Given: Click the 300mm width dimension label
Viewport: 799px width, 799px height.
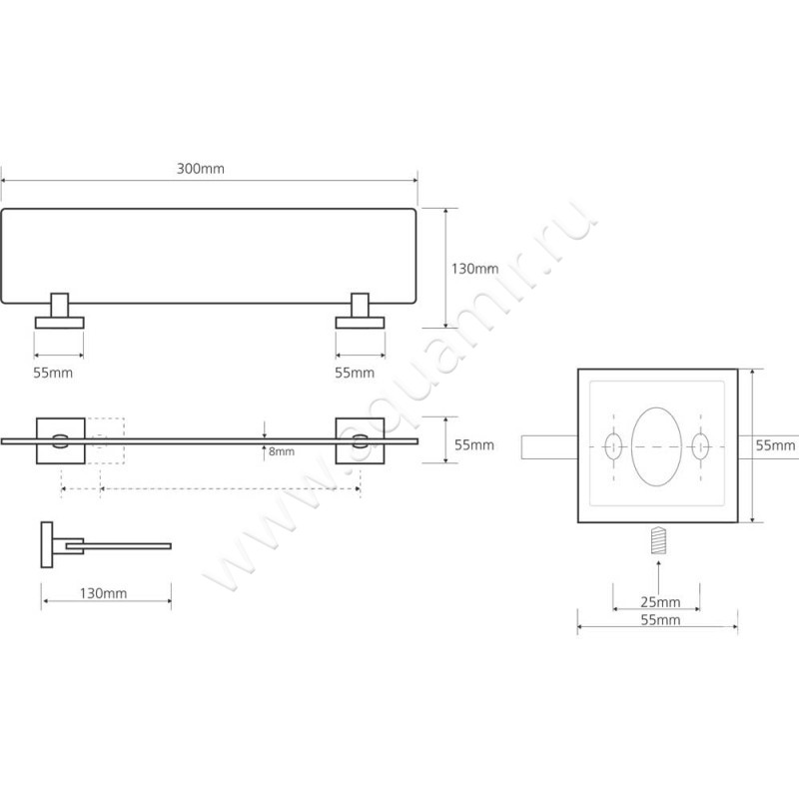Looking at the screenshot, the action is pyautogui.click(x=201, y=169).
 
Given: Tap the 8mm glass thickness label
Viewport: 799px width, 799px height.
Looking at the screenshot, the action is pyautogui.click(x=282, y=451).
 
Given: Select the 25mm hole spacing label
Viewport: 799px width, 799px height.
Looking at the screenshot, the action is pyautogui.click(x=660, y=602).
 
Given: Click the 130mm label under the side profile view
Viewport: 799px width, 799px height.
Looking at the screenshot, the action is pyautogui.click(x=103, y=593).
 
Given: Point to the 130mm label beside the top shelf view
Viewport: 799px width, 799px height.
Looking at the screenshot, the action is pyautogui.click(x=475, y=269).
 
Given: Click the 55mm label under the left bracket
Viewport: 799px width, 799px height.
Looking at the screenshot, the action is pyautogui.click(x=53, y=373).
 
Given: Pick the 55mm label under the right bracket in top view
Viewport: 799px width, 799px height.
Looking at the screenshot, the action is pyautogui.click(x=355, y=373).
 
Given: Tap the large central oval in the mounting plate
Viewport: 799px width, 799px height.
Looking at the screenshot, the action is pyautogui.click(x=656, y=446).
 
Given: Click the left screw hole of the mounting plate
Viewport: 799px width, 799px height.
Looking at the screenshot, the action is pyautogui.click(x=613, y=446).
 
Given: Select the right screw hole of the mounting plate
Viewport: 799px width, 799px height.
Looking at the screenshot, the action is pyautogui.click(x=700, y=446).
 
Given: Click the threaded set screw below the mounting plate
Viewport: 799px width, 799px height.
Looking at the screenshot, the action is pyautogui.click(x=658, y=540).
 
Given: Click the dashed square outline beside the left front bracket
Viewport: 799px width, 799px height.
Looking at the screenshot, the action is pyautogui.click(x=105, y=440).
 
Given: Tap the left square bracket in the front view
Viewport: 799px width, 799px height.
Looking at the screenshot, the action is pyautogui.click(x=61, y=440).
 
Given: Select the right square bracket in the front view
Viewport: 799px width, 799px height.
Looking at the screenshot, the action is pyautogui.click(x=360, y=440).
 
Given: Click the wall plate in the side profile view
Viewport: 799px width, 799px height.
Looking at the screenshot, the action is pyautogui.click(x=47, y=544).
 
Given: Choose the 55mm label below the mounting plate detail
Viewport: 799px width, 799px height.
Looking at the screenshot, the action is pyautogui.click(x=660, y=620).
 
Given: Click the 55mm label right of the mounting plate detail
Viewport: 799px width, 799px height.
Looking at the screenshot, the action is pyautogui.click(x=775, y=445).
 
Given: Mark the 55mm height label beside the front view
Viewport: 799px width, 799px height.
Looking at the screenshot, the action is pyautogui.click(x=474, y=444).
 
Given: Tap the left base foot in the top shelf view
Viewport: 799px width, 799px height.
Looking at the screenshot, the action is pyautogui.click(x=60, y=323).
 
